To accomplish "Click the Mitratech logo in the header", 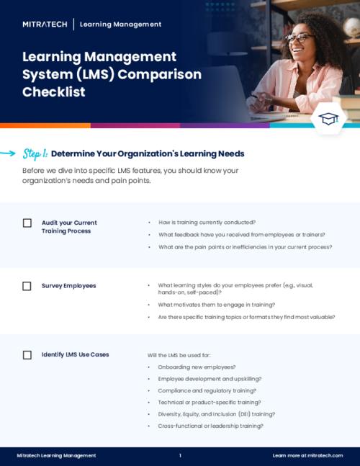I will (45, 24).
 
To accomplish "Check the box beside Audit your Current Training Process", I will (27, 223).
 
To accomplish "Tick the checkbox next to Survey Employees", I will (27, 286).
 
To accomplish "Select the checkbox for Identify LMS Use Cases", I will (27, 355).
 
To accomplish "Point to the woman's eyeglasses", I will (299, 38).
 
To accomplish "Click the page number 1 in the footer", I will (180, 456).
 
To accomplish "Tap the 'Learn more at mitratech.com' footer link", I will (307, 456).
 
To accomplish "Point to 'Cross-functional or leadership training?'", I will (210, 426).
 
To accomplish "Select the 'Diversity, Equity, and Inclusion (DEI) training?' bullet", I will (216, 414).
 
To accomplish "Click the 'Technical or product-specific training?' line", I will (209, 402).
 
